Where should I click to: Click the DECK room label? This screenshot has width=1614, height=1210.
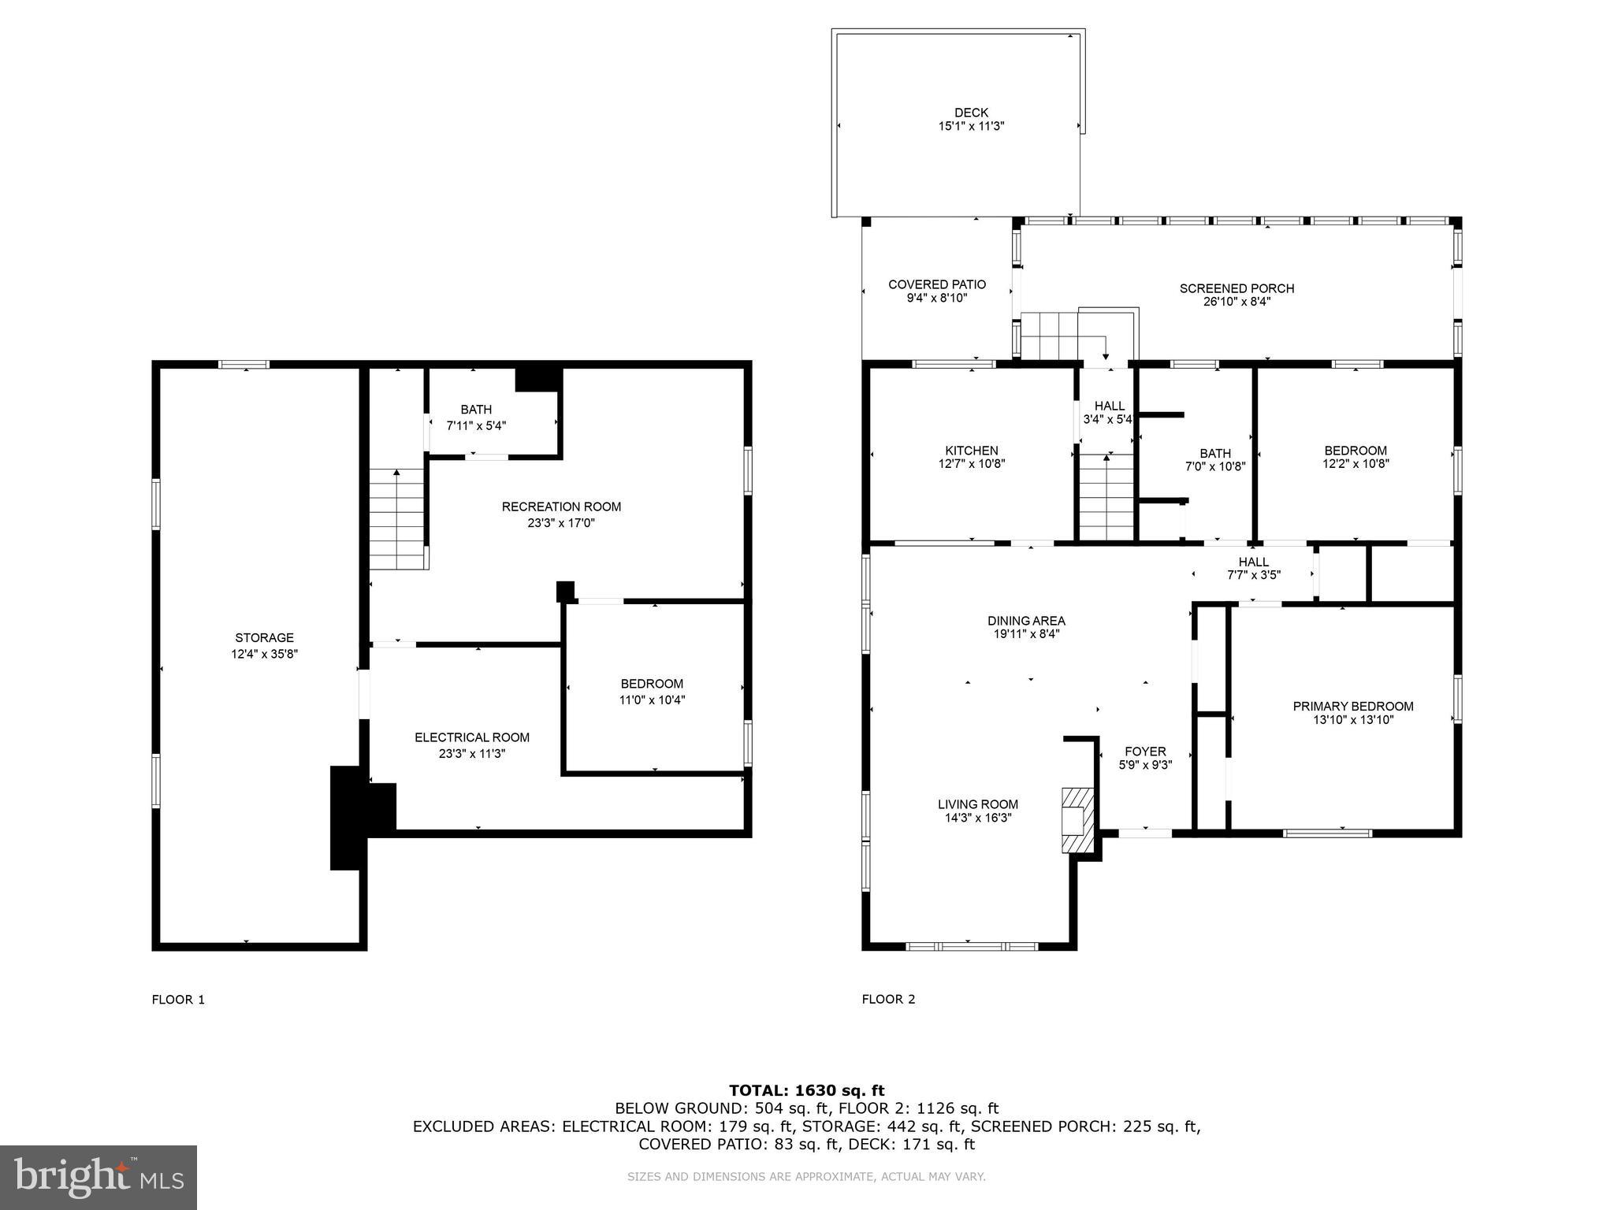click(x=971, y=113)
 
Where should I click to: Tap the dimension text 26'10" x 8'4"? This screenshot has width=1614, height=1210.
click(x=1237, y=302)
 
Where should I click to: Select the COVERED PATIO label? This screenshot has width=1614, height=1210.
click(x=936, y=284)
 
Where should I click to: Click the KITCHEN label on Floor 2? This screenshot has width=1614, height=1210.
click(x=971, y=451)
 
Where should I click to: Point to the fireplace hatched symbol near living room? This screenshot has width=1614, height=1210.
click(x=1077, y=820)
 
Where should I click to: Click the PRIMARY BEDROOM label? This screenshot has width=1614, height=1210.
click(x=1352, y=707)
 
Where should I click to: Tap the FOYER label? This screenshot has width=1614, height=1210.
click(x=1144, y=752)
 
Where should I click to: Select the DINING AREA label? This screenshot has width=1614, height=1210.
click(x=1025, y=621)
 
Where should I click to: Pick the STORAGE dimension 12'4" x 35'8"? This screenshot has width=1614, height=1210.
click(x=264, y=654)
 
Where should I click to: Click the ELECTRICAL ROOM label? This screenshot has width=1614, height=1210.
click(x=472, y=737)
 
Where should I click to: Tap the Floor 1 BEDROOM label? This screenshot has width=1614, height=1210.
click(x=652, y=684)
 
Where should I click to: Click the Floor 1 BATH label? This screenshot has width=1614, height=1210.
click(x=476, y=410)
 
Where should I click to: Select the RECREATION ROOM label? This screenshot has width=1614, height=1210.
click(x=561, y=507)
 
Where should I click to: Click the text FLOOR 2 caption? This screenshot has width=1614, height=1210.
click(x=888, y=1000)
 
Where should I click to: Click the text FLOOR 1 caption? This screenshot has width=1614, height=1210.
click(x=178, y=1000)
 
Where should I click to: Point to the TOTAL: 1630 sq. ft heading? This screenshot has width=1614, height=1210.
click(x=806, y=1090)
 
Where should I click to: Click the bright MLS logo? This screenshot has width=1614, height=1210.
click(x=99, y=1178)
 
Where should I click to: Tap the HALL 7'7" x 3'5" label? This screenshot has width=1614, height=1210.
click(x=1253, y=568)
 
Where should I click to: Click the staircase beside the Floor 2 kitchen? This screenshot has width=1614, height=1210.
click(x=1107, y=496)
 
